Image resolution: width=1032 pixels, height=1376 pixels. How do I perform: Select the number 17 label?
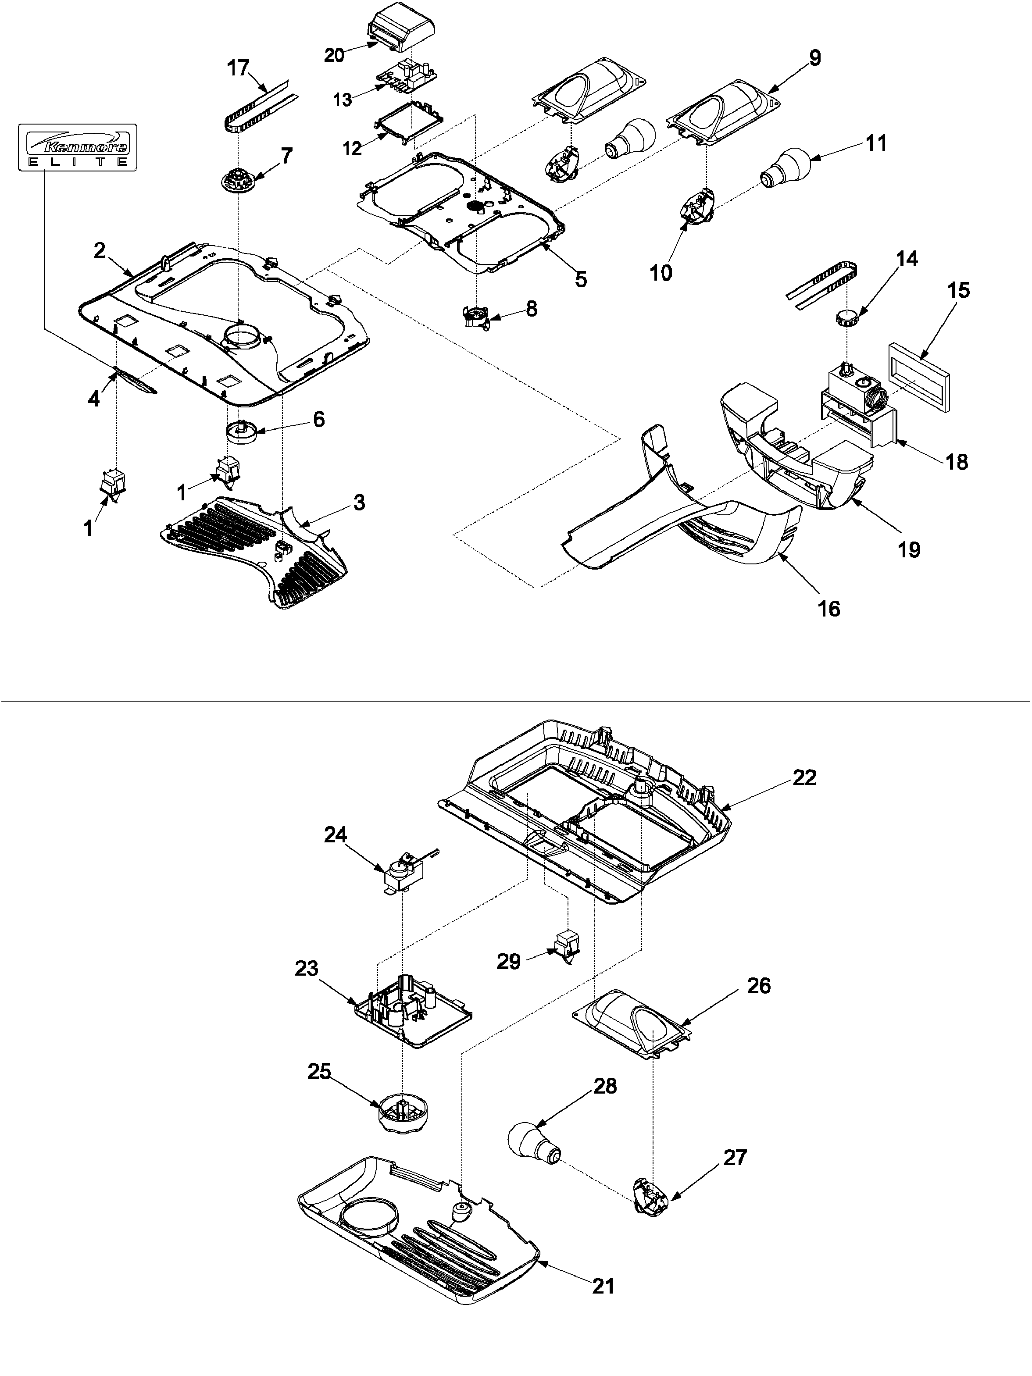[238, 68]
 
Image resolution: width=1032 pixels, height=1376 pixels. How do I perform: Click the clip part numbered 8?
[478, 315]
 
